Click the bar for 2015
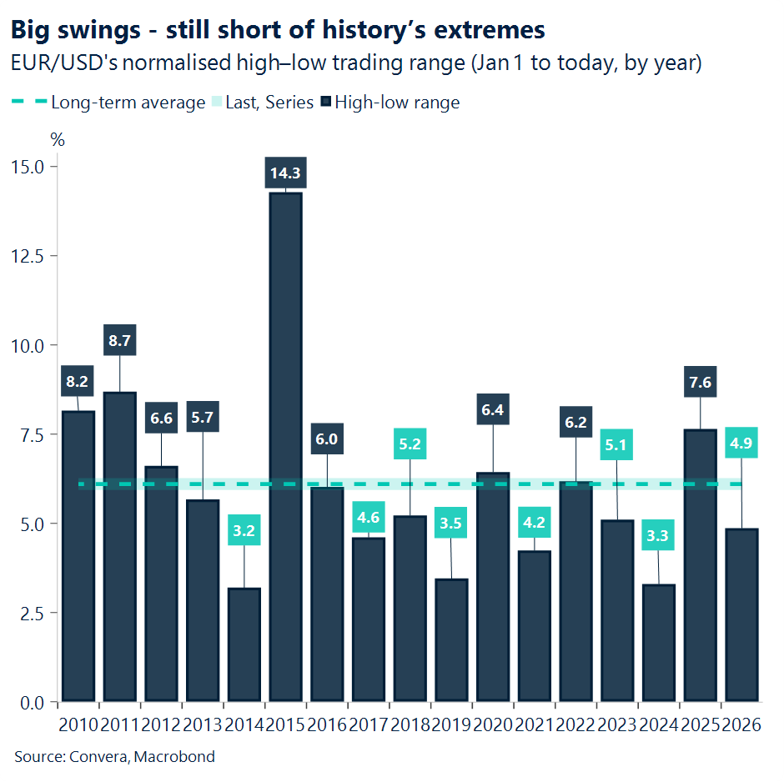point(285,446)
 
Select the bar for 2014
point(244,644)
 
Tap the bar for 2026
point(741,614)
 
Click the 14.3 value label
point(285,173)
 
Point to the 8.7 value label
point(119,340)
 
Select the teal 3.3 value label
point(658,536)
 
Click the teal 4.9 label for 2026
point(741,443)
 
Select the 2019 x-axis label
point(451,724)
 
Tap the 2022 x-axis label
point(575,724)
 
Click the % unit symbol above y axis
point(58,140)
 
